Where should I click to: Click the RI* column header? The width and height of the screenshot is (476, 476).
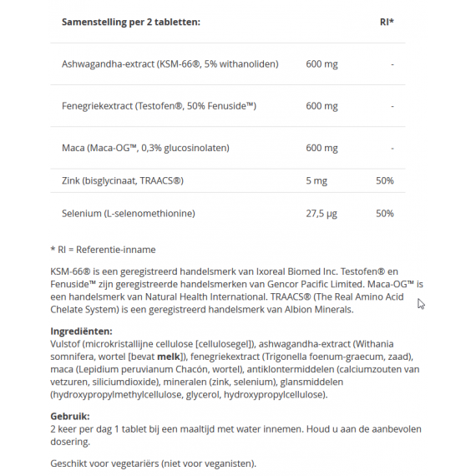(386, 22)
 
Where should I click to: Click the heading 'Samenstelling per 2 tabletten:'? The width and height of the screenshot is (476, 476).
(131, 22)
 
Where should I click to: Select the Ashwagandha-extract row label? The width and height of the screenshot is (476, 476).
(170, 64)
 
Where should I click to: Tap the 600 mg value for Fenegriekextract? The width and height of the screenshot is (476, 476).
(322, 106)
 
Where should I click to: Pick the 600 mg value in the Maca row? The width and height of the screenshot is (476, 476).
(322, 148)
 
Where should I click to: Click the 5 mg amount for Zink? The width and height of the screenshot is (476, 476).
(316, 180)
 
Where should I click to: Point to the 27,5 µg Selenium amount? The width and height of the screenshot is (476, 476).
(322, 214)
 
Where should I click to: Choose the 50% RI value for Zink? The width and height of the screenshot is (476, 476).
(384, 180)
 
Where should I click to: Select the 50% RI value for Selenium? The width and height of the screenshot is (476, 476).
(384, 214)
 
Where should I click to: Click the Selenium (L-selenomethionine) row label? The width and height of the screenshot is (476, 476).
(128, 214)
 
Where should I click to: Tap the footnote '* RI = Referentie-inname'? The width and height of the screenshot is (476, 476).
(103, 250)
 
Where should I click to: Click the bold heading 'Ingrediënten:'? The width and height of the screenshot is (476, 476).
(81, 332)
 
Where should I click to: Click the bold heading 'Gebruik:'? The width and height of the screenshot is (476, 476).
(70, 417)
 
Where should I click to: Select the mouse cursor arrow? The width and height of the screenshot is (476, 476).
(421, 304)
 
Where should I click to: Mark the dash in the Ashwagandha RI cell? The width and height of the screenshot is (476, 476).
(392, 64)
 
